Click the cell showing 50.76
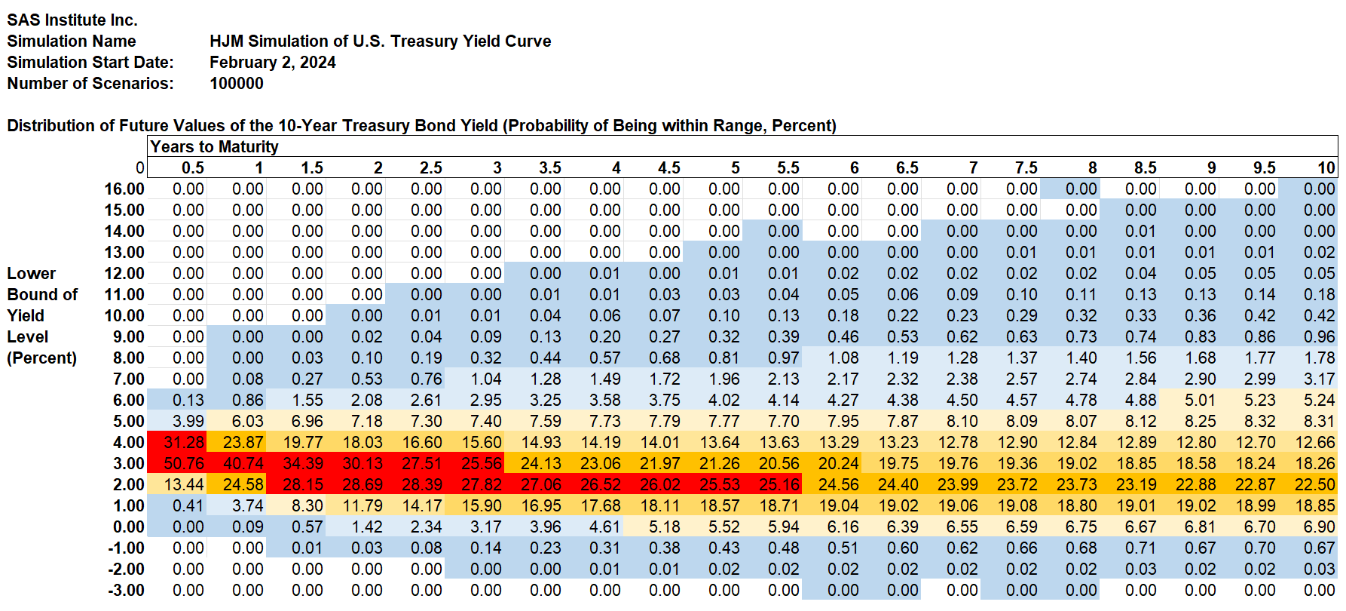[183, 463]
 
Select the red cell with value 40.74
[243, 463]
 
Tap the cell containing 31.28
[183, 442]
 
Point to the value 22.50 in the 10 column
[1314, 484]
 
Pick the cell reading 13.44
[183, 484]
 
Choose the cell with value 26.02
[659, 484]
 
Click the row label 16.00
[124, 189]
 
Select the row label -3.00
[126, 590]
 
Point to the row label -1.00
[126, 548]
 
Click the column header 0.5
[192, 167]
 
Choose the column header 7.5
[1026, 167]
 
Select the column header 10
[1326, 167]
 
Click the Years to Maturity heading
[214, 146]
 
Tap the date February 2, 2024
[272, 62]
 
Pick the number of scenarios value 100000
[236, 83]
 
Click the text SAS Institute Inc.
[72, 20]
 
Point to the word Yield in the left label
[26, 315]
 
